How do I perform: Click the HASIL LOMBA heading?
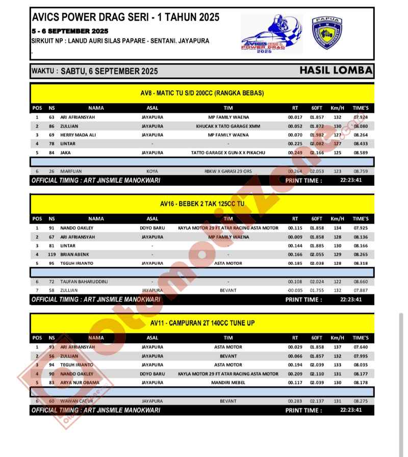click(x=336, y=70)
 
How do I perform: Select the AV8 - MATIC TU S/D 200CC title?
click(x=202, y=93)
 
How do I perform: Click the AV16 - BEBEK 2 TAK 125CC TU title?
click(x=202, y=204)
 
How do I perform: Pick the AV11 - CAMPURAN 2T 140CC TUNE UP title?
click(x=202, y=323)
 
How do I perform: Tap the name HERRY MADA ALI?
click(x=78, y=135)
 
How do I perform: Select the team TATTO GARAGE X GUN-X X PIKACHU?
click(x=228, y=153)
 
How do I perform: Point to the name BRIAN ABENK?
click(x=74, y=255)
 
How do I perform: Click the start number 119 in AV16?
click(x=52, y=255)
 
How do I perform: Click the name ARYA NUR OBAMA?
click(x=80, y=383)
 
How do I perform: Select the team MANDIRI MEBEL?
click(x=228, y=383)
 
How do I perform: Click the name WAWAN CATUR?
click(x=74, y=401)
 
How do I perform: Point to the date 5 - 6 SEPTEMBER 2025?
click(x=69, y=31)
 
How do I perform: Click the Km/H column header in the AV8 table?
click(x=337, y=108)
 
